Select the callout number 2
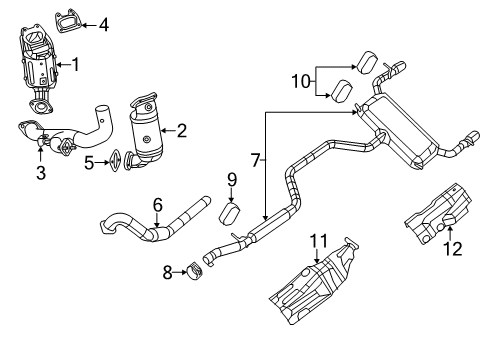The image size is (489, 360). click(x=181, y=128)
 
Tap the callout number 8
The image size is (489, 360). click(x=168, y=269)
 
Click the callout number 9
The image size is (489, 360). click(x=231, y=181)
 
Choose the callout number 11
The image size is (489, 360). click(x=318, y=239)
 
